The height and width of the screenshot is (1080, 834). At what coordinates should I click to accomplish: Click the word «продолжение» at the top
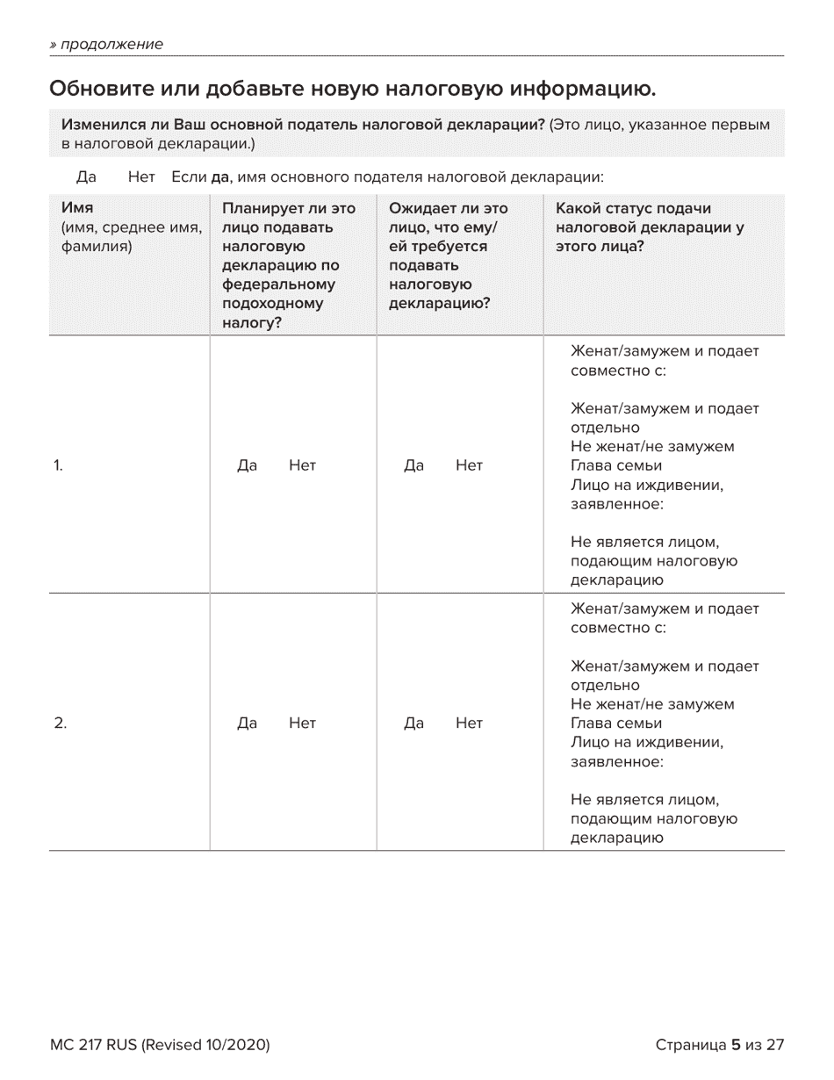pos(110,44)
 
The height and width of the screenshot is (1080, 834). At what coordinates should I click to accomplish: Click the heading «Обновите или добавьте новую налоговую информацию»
pos(352,89)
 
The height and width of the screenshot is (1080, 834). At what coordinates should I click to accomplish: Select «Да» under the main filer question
pos(86,177)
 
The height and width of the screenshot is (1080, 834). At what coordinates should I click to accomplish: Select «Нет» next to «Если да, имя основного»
pos(140,177)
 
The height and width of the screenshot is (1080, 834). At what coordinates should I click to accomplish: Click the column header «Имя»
pos(77,208)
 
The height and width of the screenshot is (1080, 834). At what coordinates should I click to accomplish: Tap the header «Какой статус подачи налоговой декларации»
pos(650,227)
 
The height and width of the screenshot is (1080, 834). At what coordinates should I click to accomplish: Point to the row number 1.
pos(58,465)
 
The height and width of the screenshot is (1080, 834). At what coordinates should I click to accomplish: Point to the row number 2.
pos(60,724)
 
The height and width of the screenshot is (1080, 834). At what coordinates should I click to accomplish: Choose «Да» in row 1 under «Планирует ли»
pos(247,465)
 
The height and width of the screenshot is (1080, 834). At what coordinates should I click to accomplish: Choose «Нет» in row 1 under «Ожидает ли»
pos(469,465)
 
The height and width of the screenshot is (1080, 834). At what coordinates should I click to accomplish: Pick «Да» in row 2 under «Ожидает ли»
pos(413,724)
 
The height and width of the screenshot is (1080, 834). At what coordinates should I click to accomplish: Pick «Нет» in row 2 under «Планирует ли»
pos(302,724)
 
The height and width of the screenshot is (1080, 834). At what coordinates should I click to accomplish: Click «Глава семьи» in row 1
pos(615,465)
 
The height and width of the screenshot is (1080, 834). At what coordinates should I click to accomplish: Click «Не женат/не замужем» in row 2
pos(652,704)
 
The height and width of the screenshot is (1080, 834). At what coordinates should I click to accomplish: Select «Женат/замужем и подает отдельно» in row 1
pos(664,418)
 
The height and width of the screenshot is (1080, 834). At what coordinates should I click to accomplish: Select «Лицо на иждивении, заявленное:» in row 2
pos(646,752)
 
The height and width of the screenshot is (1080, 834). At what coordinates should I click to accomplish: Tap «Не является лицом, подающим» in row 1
pos(653,561)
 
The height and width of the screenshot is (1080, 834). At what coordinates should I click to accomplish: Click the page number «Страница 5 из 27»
pos(719,1045)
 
